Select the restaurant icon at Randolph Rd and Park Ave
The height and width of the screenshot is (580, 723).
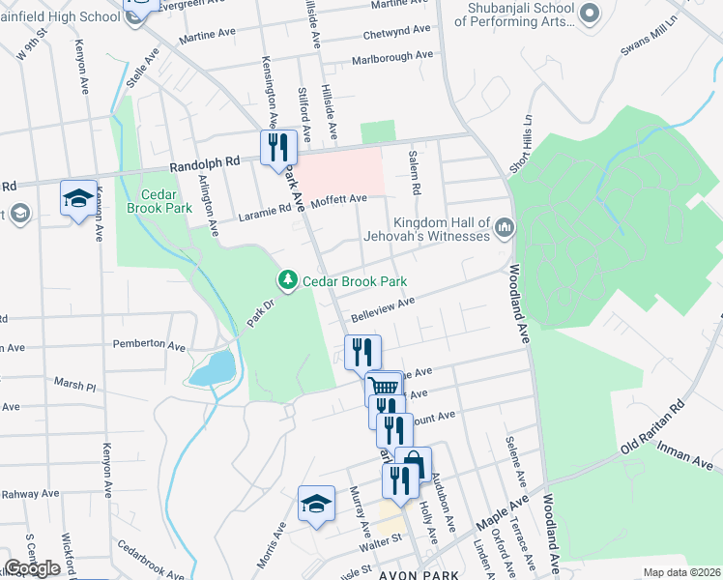point(276,148)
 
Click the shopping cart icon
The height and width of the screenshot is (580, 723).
point(385,388)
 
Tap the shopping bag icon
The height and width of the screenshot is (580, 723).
point(413,464)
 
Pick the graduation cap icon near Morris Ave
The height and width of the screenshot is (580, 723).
point(315,503)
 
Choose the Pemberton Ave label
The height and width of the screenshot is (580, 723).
point(149,344)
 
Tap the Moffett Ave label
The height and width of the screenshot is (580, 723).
point(345,199)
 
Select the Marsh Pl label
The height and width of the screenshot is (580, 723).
point(75,385)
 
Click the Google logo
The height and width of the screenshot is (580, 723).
point(32,568)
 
